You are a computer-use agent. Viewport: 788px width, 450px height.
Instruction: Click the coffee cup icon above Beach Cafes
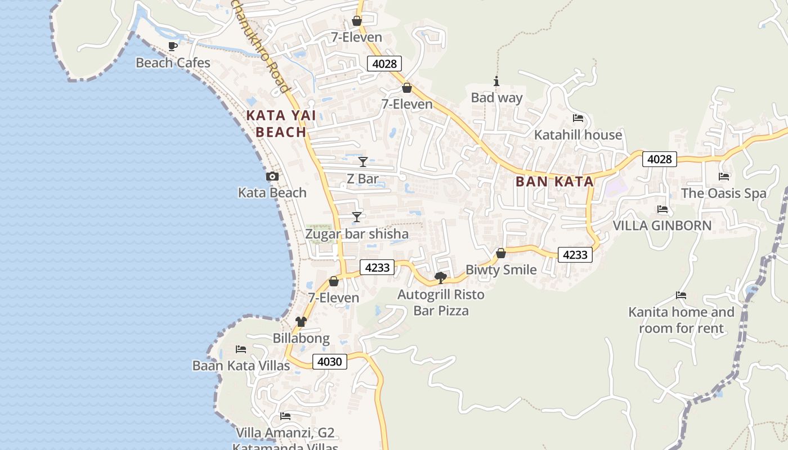click(173, 46)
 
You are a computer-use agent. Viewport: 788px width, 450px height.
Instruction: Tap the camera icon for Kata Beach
click(272, 177)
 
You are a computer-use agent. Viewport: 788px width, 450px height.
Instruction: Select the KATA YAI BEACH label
click(280, 124)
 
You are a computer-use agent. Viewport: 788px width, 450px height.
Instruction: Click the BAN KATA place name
click(554, 182)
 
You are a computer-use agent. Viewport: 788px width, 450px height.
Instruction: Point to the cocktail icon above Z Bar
click(363, 162)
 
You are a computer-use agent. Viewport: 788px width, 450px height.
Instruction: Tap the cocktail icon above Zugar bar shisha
click(356, 217)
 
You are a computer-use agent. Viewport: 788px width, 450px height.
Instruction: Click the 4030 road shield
click(329, 362)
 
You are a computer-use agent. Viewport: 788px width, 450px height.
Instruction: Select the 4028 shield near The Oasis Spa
click(659, 159)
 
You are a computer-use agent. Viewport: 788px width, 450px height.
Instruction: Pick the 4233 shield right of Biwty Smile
click(575, 255)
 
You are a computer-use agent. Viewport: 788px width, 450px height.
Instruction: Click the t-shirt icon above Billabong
click(301, 322)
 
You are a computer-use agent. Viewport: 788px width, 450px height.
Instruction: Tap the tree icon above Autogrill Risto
click(441, 277)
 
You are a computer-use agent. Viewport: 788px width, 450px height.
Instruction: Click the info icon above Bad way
click(496, 82)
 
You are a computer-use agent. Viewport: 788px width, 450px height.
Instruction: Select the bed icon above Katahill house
click(577, 118)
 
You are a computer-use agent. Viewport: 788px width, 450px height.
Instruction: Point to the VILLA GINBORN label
click(662, 226)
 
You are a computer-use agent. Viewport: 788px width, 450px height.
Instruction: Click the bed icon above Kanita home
click(681, 295)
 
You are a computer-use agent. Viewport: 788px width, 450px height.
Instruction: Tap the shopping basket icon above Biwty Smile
click(501, 253)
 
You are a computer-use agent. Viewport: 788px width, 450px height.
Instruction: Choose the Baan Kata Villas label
click(241, 366)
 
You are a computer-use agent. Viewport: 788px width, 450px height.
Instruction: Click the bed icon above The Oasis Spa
click(724, 177)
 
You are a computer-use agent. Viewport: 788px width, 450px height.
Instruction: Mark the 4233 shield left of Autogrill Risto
click(377, 267)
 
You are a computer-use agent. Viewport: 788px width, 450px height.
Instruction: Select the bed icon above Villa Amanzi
click(285, 416)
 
